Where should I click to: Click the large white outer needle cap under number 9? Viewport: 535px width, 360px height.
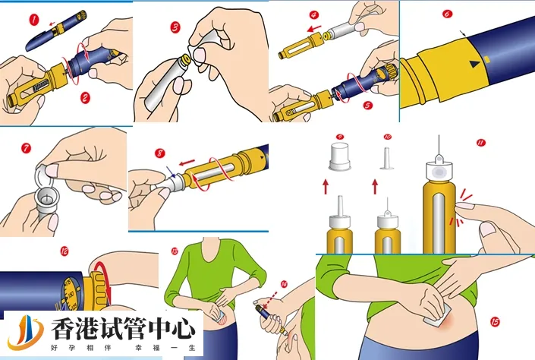click(339, 158)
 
